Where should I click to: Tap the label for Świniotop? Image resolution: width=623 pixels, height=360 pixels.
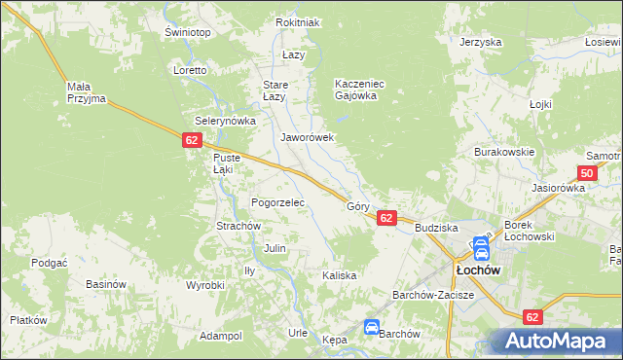[x=188, y=32]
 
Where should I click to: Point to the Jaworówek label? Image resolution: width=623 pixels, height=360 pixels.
[x=308, y=137]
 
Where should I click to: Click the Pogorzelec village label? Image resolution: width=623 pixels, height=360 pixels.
[x=278, y=202]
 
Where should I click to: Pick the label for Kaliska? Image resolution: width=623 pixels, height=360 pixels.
[x=340, y=275]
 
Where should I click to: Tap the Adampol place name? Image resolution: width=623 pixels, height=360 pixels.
[x=220, y=336]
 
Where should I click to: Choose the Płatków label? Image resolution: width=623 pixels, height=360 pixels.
[x=28, y=320]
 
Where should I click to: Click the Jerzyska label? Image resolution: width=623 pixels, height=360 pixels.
[x=481, y=43]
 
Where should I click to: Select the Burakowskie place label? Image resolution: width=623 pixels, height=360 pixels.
[x=504, y=152]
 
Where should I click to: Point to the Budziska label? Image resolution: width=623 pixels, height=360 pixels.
[x=436, y=227]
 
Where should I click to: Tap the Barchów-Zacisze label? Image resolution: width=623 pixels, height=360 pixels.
[x=432, y=294]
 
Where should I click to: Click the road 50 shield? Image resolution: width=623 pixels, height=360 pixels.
[x=585, y=172]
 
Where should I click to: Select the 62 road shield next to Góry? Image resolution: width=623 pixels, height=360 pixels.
[x=386, y=218]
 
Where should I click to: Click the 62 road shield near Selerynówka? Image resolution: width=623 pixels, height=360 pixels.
[x=190, y=141]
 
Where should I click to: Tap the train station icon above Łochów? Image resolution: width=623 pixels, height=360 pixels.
[x=481, y=247]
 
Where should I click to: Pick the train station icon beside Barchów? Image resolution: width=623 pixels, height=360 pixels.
[x=371, y=328]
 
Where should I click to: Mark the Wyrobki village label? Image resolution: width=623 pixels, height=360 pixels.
[x=205, y=285]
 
